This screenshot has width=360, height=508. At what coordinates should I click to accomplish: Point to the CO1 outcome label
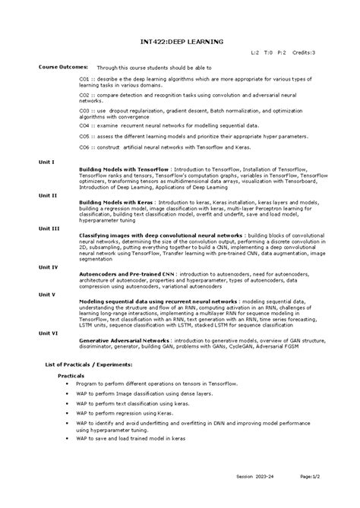[x=85, y=77]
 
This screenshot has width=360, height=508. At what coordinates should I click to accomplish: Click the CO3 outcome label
[x=85, y=110]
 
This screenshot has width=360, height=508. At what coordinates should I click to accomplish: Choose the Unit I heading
[x=47, y=162]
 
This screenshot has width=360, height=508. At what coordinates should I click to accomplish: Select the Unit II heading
[x=49, y=195]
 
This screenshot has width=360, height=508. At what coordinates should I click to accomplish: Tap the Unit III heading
[x=49, y=228]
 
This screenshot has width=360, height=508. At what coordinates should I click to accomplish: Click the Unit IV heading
[x=49, y=267]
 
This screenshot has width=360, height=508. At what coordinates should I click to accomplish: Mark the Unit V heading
[x=48, y=293]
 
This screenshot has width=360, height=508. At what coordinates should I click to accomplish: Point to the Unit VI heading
[x=49, y=332]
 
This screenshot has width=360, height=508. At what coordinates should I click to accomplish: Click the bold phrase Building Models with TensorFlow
[x=124, y=169]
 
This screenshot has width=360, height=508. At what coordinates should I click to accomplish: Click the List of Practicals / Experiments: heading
[x=90, y=364]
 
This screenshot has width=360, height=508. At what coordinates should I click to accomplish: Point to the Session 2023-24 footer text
[x=253, y=497]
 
